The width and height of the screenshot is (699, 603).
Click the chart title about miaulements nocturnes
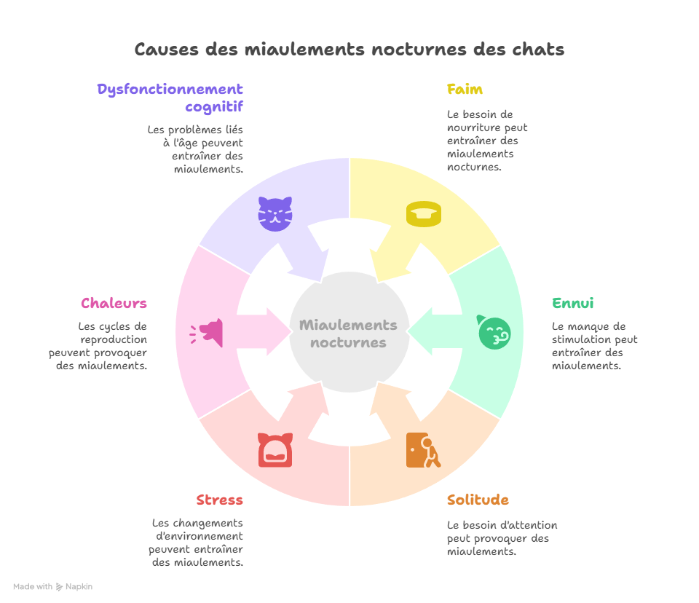tap(349, 50)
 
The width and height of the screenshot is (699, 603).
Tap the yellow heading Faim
tap(465, 90)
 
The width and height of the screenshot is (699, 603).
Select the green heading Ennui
tap(573, 303)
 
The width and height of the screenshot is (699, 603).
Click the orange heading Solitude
tap(478, 500)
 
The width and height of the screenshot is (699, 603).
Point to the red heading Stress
tap(219, 500)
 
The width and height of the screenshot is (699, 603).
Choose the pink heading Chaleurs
tap(114, 303)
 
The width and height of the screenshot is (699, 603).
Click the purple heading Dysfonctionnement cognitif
tap(170, 98)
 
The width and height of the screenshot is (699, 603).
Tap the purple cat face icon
tap(275, 213)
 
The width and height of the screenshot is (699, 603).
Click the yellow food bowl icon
tap(424, 214)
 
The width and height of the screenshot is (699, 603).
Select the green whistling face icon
tap(494, 332)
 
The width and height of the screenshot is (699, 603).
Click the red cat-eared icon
tap(275, 450)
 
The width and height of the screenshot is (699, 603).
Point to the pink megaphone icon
tap(207, 332)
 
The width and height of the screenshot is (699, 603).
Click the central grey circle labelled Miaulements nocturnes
tap(348, 334)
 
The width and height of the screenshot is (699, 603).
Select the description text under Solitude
tap(502, 538)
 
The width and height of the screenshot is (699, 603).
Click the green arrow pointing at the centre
tap(430, 332)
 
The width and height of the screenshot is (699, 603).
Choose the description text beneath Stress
tap(197, 543)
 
